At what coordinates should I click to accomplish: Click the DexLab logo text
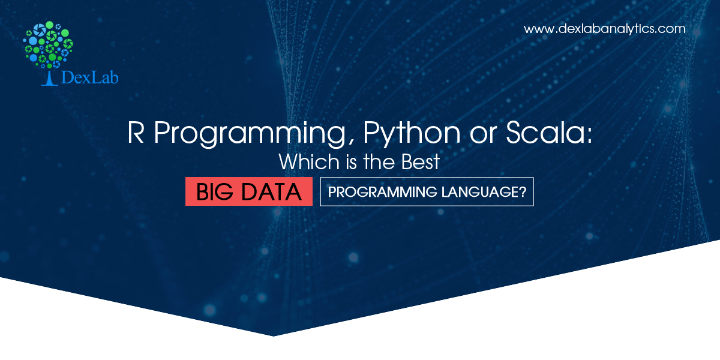(x=89, y=77)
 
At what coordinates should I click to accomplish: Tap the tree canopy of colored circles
(x=48, y=44)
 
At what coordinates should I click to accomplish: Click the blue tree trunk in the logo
(x=49, y=79)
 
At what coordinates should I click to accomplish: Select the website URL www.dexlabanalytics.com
(x=604, y=29)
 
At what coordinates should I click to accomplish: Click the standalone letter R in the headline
(x=136, y=133)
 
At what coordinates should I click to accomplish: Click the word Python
(x=412, y=134)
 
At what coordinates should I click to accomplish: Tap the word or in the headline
(x=483, y=136)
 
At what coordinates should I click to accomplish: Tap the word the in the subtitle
(x=379, y=161)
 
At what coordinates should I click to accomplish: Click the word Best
(x=421, y=161)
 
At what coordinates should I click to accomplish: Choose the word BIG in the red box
(x=214, y=192)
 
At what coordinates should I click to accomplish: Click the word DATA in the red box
(x=271, y=192)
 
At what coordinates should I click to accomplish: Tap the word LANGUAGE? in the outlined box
(x=484, y=192)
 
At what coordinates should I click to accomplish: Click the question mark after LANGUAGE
(x=523, y=192)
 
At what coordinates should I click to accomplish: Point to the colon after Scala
(x=589, y=136)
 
